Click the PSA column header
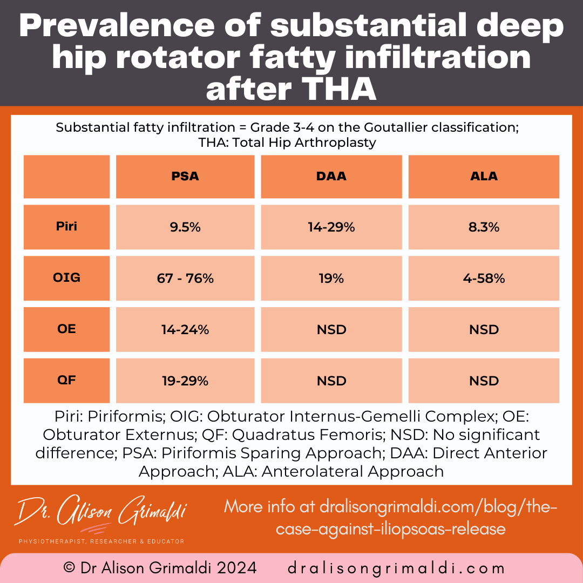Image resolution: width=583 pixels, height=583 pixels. pos(185,177)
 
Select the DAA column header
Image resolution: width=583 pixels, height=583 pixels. pos(331,177)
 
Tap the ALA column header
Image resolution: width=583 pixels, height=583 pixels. pos(484,177)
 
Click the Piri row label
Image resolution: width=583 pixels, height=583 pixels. pos(66,226)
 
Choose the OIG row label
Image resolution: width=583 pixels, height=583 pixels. pos(66,277)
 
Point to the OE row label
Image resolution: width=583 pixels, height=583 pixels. pos(66,329)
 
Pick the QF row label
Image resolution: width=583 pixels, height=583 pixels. pos(66,380)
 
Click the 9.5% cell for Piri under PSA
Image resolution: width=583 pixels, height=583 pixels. pos(185,227)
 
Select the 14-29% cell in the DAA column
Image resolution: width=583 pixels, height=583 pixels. pos(331,227)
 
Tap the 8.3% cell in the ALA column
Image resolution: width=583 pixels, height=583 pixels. pos(484,227)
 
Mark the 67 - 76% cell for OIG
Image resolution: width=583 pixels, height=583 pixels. pos(185,279)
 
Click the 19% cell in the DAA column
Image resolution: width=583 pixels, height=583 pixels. pos(331,279)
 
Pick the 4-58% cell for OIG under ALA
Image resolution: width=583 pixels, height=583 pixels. pos(484,279)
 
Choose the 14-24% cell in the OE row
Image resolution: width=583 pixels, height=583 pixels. pos(185,330)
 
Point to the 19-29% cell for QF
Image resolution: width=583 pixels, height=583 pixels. pos(185,381)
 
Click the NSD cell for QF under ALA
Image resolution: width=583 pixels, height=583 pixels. pos(484,381)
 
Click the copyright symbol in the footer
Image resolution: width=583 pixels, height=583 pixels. pos(69,568)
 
